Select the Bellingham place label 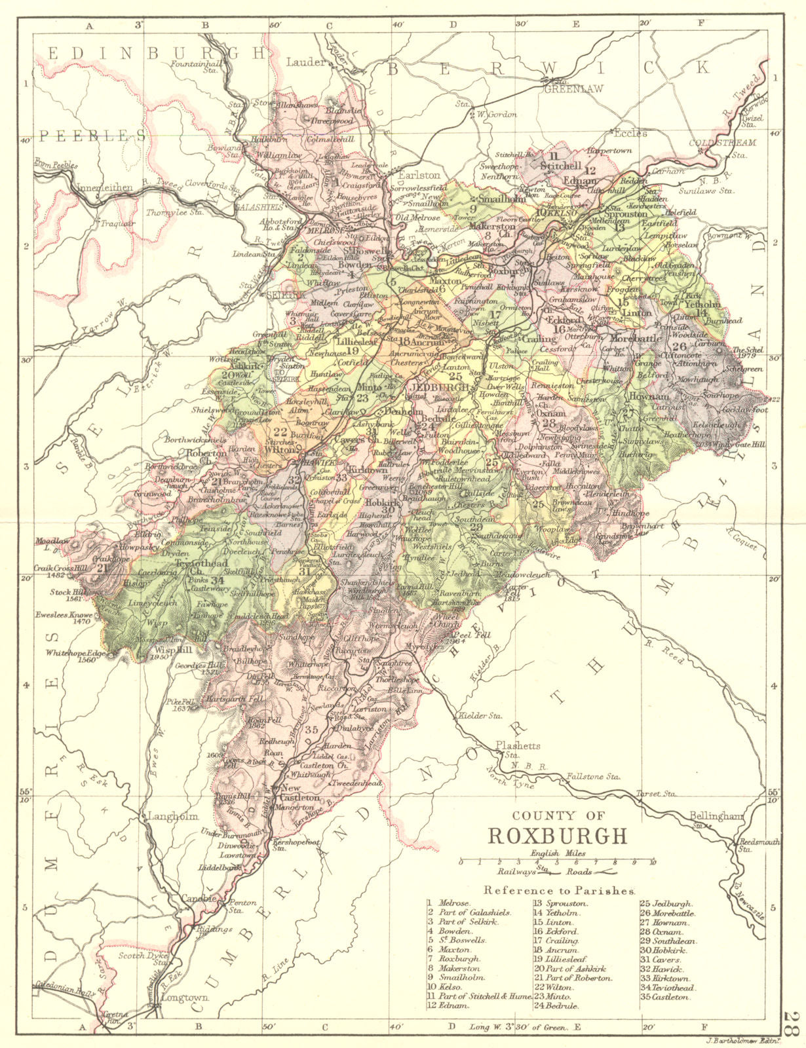pos(716,816)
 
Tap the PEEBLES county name pos(91,136)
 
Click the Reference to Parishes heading pos(559,891)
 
